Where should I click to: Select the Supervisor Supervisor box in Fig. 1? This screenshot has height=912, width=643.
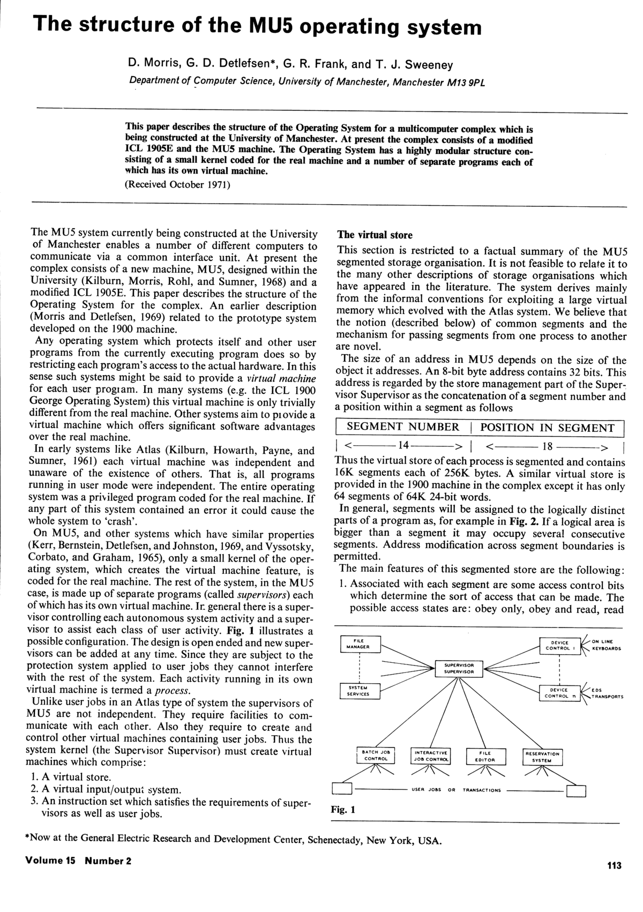point(459,668)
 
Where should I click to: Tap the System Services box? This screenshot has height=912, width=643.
point(358,691)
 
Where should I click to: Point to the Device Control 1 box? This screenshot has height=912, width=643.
point(559,645)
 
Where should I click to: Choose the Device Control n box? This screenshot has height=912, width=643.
point(559,693)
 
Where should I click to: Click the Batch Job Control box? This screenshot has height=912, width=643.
point(376,756)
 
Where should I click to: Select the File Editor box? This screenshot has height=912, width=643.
point(485,756)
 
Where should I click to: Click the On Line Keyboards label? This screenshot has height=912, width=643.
point(606,645)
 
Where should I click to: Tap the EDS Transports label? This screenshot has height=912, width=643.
point(607,693)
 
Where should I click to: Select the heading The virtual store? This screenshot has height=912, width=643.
point(375,235)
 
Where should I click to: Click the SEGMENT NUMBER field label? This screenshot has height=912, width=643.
point(403,427)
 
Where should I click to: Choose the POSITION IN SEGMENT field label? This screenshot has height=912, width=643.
point(547,428)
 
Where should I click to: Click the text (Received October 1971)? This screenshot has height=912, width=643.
point(177,185)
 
